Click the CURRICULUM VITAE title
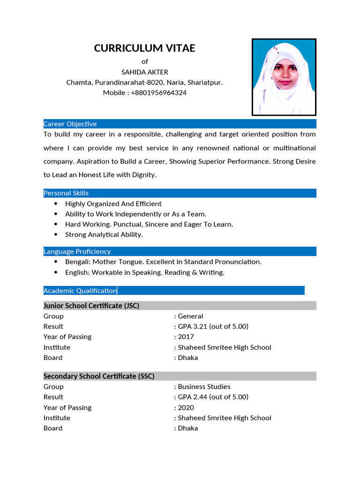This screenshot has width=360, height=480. point(144,48)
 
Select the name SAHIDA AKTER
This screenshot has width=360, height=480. point(144,72)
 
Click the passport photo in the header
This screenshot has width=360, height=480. point(284,77)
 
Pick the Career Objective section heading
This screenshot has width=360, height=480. point(70,124)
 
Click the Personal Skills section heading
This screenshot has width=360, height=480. point(66,193)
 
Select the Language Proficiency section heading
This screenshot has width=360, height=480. point(77,251)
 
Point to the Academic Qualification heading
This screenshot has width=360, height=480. point(80,291)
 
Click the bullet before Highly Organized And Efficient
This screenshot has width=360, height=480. point(56,204)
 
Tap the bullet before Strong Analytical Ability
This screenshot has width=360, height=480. point(56,234)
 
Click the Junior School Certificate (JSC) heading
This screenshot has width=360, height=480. point(91,306)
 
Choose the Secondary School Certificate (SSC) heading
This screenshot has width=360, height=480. point(99,376)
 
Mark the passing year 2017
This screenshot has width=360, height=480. point(186,337)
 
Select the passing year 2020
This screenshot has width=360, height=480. point(186,407)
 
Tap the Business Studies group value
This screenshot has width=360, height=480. point(204,387)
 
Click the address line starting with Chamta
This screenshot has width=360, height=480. point(144,82)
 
